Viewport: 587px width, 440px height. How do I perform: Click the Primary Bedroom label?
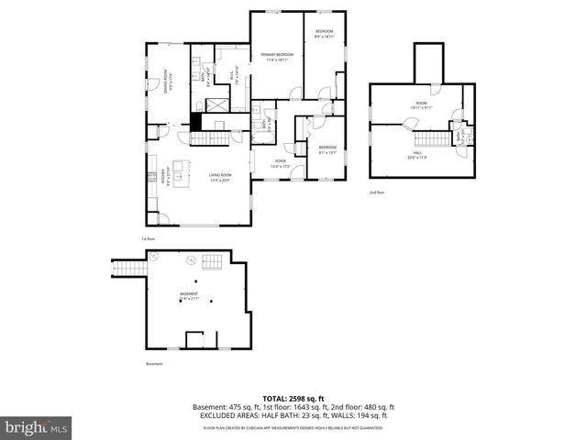pos(277,57)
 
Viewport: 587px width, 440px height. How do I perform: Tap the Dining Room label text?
pos(166,81)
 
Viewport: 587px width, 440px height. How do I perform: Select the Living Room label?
pos(220,177)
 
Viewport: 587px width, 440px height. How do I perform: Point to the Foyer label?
pos(280,163)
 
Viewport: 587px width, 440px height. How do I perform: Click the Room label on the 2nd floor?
pos(421,105)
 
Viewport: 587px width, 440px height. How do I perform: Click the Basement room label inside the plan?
pos(187,296)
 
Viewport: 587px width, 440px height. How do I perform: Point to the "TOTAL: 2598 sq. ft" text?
pos(293,396)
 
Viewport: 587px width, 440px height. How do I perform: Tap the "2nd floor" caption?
pos(377,192)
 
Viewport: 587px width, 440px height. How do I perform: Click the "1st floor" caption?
pos(147,239)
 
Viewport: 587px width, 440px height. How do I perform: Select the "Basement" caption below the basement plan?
pos(153,364)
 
